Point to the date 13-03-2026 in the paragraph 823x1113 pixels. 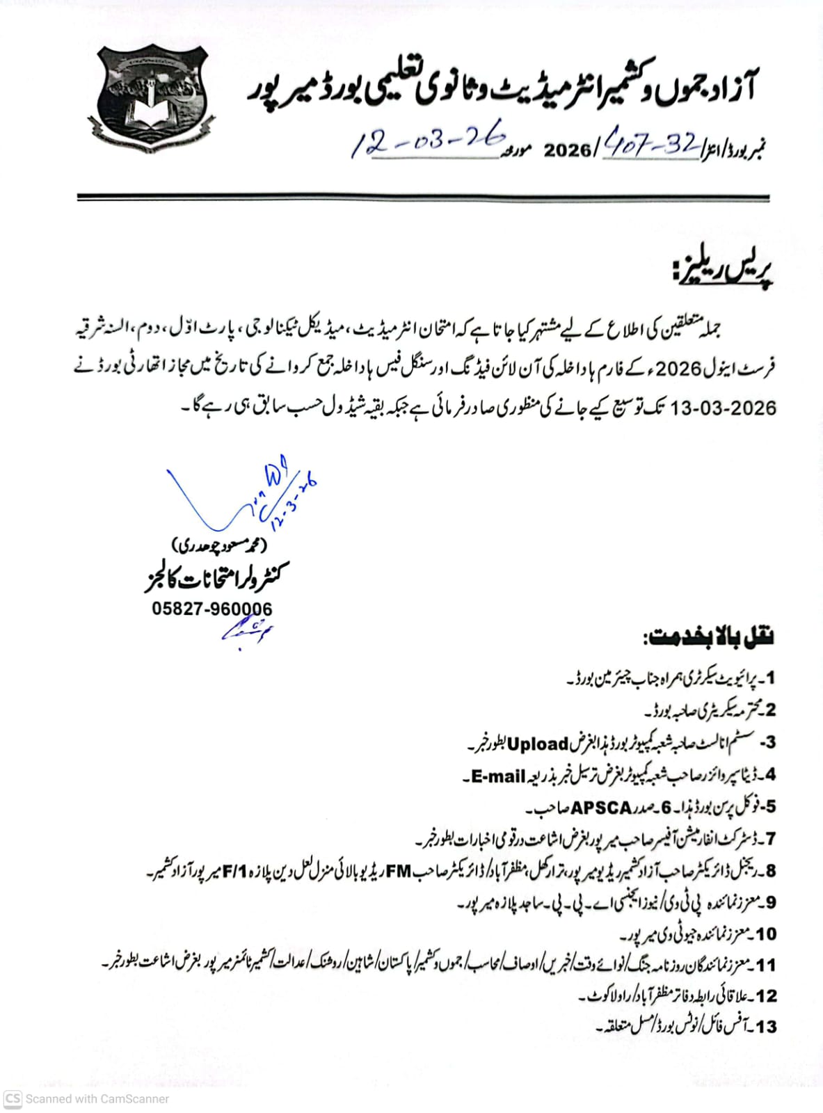click(x=723, y=408)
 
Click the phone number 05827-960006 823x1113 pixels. click(x=212, y=609)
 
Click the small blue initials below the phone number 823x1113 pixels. click(x=247, y=630)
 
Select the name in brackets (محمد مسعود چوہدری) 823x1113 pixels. click(x=219, y=545)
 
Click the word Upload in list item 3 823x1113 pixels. click(x=538, y=744)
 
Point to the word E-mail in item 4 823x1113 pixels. click(x=498, y=776)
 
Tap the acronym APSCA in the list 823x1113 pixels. click(x=601, y=808)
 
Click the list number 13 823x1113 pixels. click(x=765, y=1027)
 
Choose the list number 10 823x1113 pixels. click(x=765, y=934)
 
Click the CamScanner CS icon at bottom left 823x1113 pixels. click(x=13, y=1098)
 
